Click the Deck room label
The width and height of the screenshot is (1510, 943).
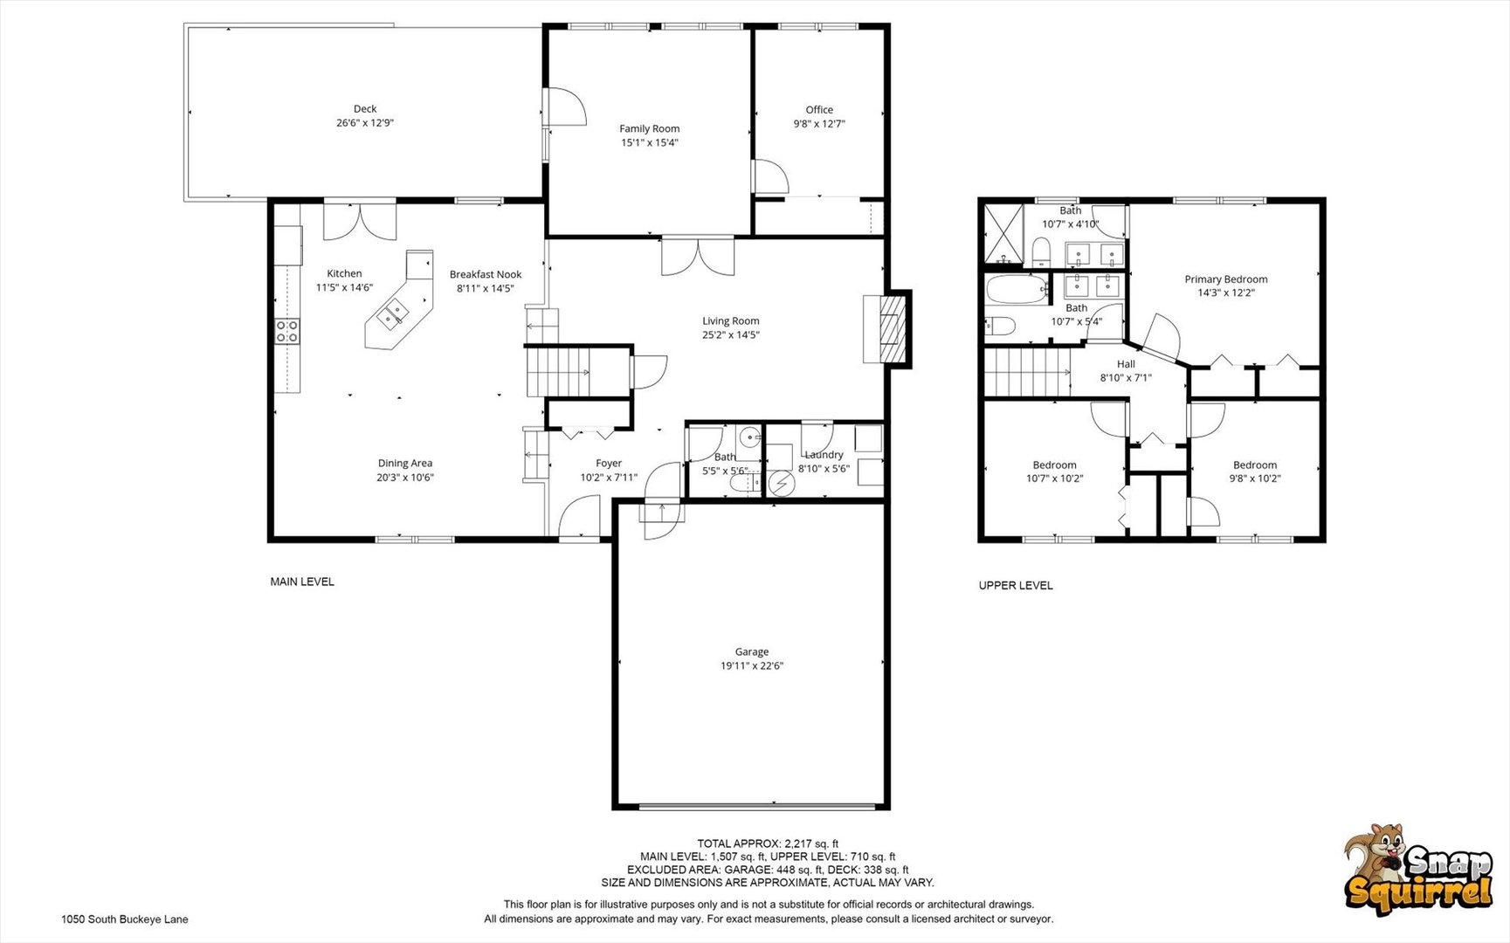(365, 109)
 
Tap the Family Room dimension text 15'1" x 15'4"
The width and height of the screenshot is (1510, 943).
(649, 142)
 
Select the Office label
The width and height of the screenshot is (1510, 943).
(819, 110)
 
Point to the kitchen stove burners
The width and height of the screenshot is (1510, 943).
(287, 331)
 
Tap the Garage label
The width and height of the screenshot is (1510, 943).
(751, 652)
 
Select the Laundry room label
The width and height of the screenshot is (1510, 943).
(824, 455)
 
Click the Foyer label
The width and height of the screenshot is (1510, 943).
(609, 464)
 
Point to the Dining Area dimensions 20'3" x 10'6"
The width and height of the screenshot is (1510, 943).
(405, 478)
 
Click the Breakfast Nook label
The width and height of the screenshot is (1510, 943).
(486, 274)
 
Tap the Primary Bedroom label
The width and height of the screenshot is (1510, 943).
(1225, 279)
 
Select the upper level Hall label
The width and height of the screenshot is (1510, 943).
(1126, 364)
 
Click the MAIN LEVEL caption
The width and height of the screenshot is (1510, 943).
(302, 582)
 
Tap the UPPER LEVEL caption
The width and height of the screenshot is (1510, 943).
(1016, 586)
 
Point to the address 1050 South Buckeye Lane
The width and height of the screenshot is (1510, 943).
(125, 919)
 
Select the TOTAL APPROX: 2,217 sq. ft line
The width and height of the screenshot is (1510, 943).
(768, 843)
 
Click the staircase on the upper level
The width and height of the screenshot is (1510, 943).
(1027, 372)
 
